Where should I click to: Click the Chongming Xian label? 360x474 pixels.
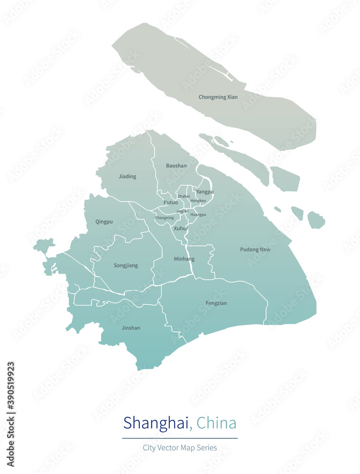[x=218, y=97]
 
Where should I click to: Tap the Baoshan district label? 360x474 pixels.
[x=176, y=166]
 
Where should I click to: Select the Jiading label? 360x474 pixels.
[x=127, y=176]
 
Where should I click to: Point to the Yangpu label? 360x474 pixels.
[x=205, y=191]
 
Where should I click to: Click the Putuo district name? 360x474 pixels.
[x=171, y=202]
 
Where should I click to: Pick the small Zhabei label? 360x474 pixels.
[x=184, y=196]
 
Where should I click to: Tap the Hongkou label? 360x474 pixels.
[x=198, y=201]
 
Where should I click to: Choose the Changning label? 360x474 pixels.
[x=164, y=218]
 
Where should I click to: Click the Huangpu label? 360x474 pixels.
[x=198, y=214]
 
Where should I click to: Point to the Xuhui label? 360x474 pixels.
[x=181, y=228]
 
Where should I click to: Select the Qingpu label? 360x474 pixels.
[x=104, y=221]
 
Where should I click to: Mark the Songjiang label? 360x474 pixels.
[x=126, y=265]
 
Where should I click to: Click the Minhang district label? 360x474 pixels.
[x=184, y=259]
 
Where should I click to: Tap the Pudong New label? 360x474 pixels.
[x=255, y=249]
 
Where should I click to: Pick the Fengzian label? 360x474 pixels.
[x=216, y=303]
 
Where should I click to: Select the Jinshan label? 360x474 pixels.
[x=131, y=328]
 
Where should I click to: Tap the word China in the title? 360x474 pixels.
[x=216, y=422]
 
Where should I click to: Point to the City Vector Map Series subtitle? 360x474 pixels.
[x=180, y=447]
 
